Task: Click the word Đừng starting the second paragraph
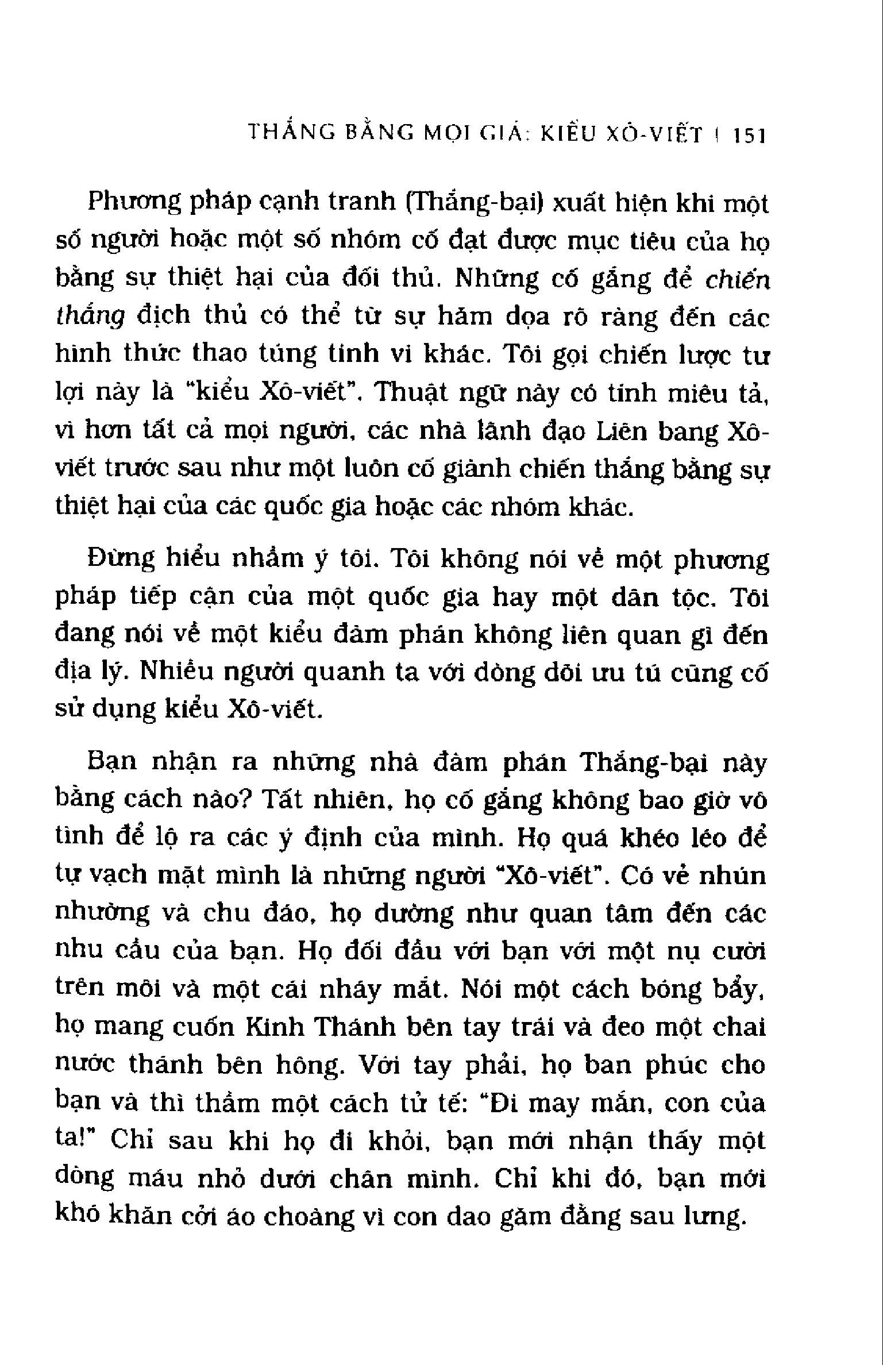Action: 121,560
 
